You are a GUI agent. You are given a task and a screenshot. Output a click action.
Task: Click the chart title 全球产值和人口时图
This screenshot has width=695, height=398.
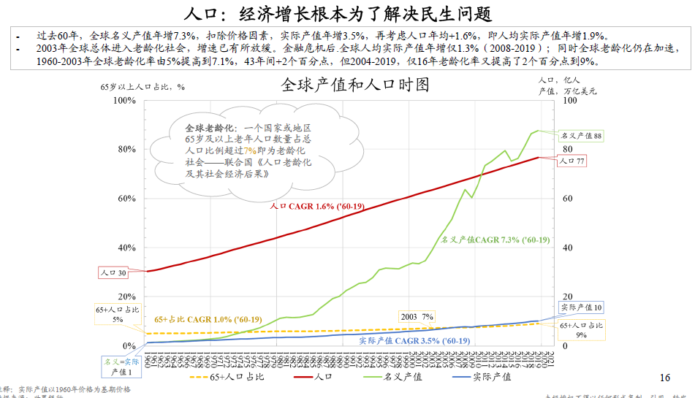point(355,85)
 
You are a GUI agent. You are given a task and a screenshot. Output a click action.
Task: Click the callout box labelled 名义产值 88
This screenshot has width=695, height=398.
point(581,136)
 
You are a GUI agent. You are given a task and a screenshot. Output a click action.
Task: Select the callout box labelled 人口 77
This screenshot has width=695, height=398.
point(571,161)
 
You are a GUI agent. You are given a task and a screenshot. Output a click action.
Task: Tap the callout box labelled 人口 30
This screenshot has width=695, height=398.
point(113,273)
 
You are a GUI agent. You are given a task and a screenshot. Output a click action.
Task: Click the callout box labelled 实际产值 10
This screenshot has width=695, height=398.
point(581,308)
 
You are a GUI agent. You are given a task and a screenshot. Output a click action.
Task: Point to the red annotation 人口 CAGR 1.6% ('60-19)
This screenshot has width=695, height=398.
point(317,207)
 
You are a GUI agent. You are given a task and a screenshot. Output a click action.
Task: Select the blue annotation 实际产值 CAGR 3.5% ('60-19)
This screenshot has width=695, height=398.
point(414,341)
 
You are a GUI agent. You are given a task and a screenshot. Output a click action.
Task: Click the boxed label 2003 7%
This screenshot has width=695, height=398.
point(417,317)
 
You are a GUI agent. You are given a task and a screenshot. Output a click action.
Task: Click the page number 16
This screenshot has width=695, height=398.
point(664,378)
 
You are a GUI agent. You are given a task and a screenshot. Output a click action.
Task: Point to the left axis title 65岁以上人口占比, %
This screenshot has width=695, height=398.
point(143,86)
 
